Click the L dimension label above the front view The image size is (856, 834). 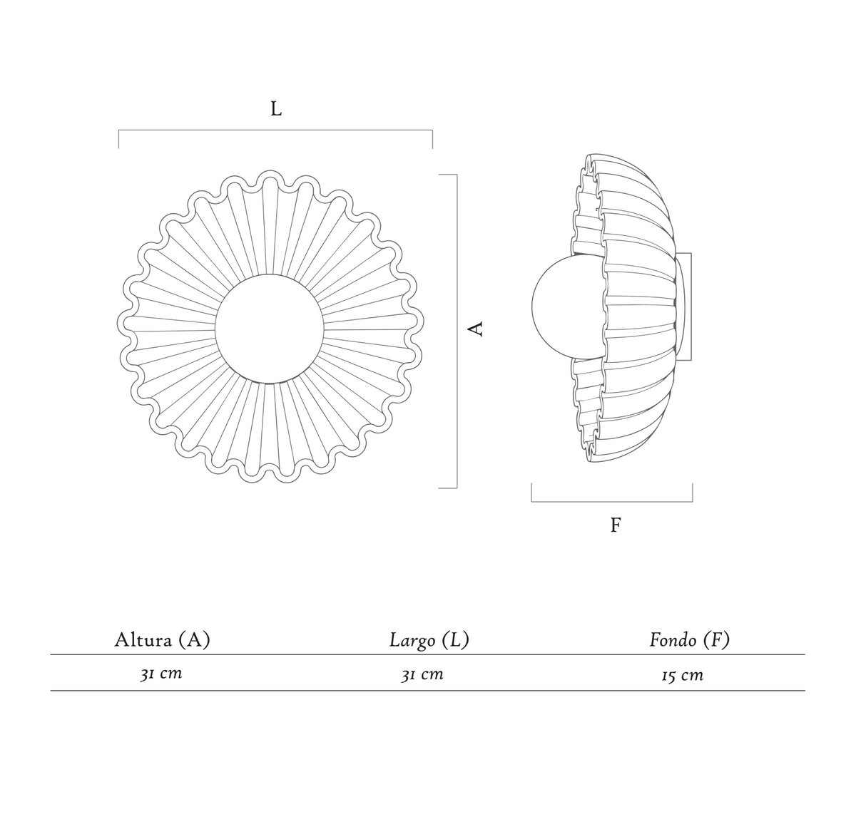276,108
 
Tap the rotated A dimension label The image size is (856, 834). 477,329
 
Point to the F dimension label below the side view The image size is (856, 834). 616,525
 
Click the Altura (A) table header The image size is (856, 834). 163,640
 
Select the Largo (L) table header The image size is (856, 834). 429,640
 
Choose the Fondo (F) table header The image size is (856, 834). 690,640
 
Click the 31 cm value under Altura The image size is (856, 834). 161,674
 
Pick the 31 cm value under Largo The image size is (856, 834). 422,674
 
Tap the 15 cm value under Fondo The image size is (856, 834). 683,675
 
